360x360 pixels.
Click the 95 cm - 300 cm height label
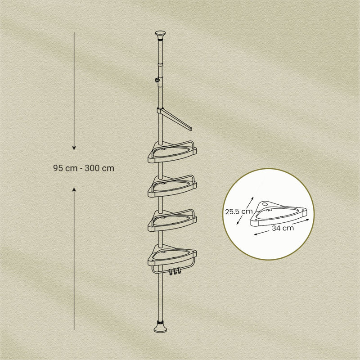click(83, 168)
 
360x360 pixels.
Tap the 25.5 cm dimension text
click(239, 211)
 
